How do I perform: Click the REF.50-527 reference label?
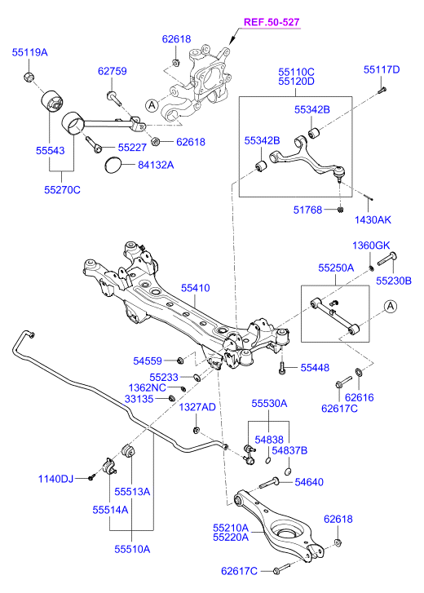click(x=272, y=22)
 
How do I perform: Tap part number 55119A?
click(x=30, y=52)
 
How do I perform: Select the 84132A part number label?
click(x=156, y=165)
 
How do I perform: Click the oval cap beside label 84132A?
click(x=113, y=166)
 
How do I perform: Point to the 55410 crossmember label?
click(x=196, y=288)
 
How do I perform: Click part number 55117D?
click(x=382, y=69)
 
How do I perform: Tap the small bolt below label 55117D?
click(x=382, y=91)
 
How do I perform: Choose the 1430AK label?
click(x=373, y=219)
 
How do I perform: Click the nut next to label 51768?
click(x=341, y=210)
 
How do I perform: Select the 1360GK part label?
click(x=371, y=246)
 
